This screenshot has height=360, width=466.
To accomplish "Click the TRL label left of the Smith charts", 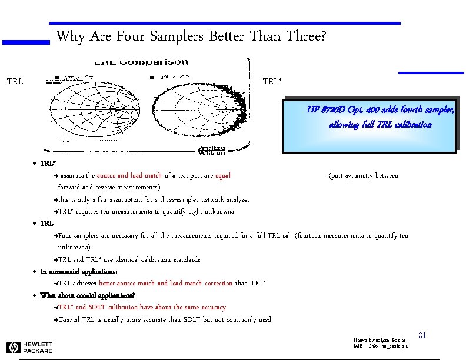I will pyautogui.click(x=15, y=81).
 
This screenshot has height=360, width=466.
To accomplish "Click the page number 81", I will pyautogui.click(x=421, y=335).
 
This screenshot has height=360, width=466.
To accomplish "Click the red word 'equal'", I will pyautogui.click(x=223, y=175).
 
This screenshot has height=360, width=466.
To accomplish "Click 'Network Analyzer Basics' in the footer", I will pyautogui.click(x=380, y=340).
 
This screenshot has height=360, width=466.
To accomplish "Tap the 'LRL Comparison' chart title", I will pyautogui.click(x=141, y=62).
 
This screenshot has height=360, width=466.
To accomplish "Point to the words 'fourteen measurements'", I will pyautogui.click(x=329, y=235).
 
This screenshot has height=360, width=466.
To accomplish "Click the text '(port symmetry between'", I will pyautogui.click(x=363, y=175).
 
